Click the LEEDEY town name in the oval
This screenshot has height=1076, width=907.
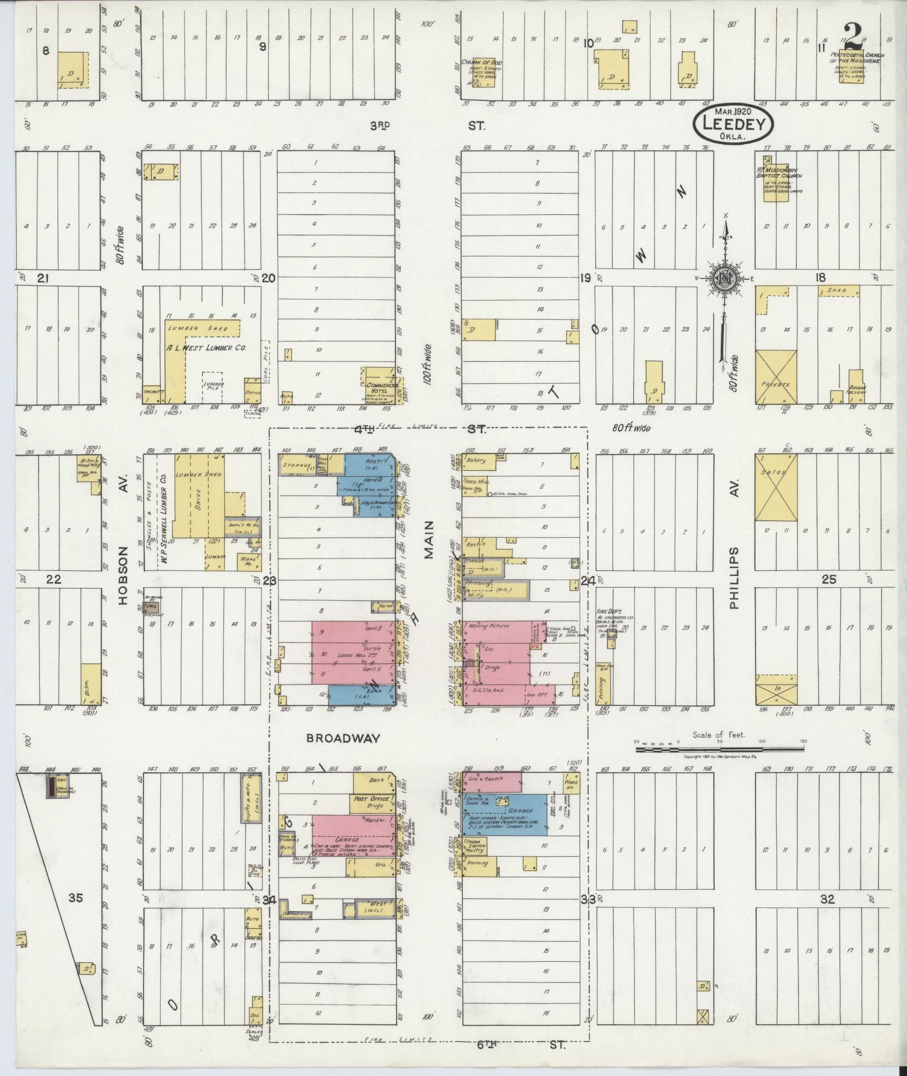click(x=732, y=124)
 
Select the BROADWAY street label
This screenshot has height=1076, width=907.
click(x=343, y=739)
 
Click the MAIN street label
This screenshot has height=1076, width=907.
click(x=429, y=539)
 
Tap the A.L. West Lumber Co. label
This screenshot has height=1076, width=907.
click(x=206, y=348)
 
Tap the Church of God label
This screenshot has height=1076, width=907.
click(x=481, y=62)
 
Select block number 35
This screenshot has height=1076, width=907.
click(x=75, y=898)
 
